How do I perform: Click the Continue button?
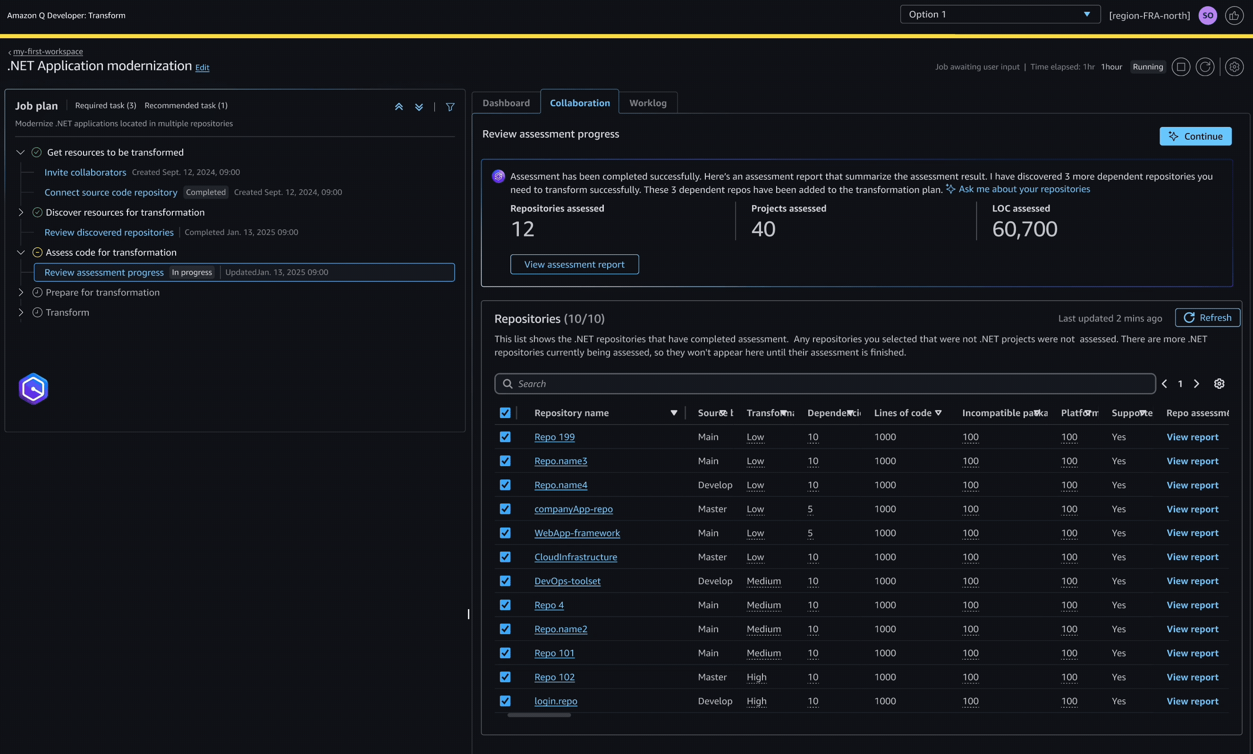[1195, 136]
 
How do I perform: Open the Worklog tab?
[648, 103]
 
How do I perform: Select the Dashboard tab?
[506, 103]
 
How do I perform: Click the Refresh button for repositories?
[1207, 318]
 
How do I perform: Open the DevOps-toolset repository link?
[567, 581]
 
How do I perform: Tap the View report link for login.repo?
[1192, 701]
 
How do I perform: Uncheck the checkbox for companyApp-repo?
[505, 509]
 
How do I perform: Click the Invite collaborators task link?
[85, 172]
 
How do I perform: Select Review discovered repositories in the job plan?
[109, 232]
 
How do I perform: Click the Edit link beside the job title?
[203, 67]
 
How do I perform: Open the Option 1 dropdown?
[999, 14]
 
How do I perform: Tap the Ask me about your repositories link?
[1024, 189]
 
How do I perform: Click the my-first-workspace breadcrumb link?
[48, 51]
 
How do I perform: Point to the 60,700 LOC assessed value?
[1024, 229]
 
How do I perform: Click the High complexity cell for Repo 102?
[756, 677]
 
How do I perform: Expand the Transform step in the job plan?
[21, 312]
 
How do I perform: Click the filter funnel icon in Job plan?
[450, 107]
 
